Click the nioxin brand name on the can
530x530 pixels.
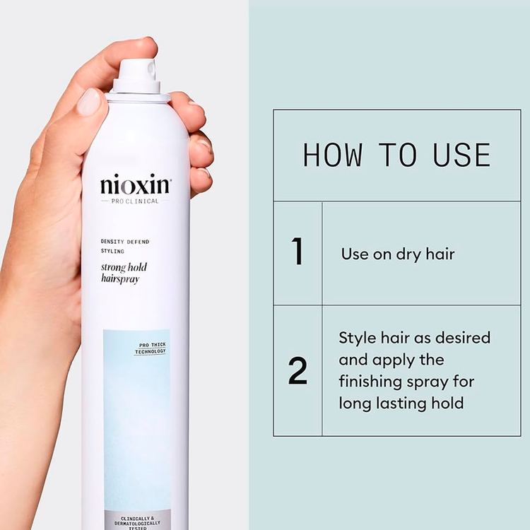point(135,187)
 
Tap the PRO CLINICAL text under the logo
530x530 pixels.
point(135,201)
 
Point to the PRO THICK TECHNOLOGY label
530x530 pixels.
point(151,348)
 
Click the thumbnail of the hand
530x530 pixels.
point(89,102)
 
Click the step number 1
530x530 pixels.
point(298,252)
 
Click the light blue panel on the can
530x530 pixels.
point(136,424)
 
